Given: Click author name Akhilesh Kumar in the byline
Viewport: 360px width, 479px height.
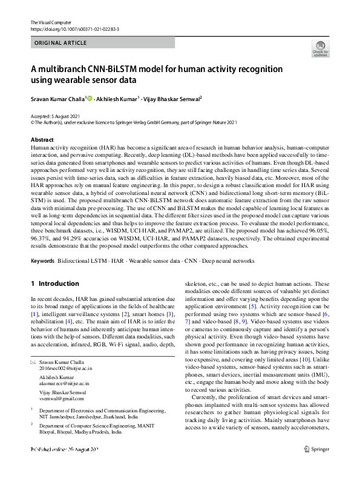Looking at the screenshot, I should [x=119, y=98].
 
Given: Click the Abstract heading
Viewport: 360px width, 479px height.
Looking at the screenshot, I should [x=41, y=140].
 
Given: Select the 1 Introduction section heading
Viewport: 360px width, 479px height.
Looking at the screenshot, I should [x=54, y=283].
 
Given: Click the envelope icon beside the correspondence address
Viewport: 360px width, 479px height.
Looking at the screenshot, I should [x=33, y=362].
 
